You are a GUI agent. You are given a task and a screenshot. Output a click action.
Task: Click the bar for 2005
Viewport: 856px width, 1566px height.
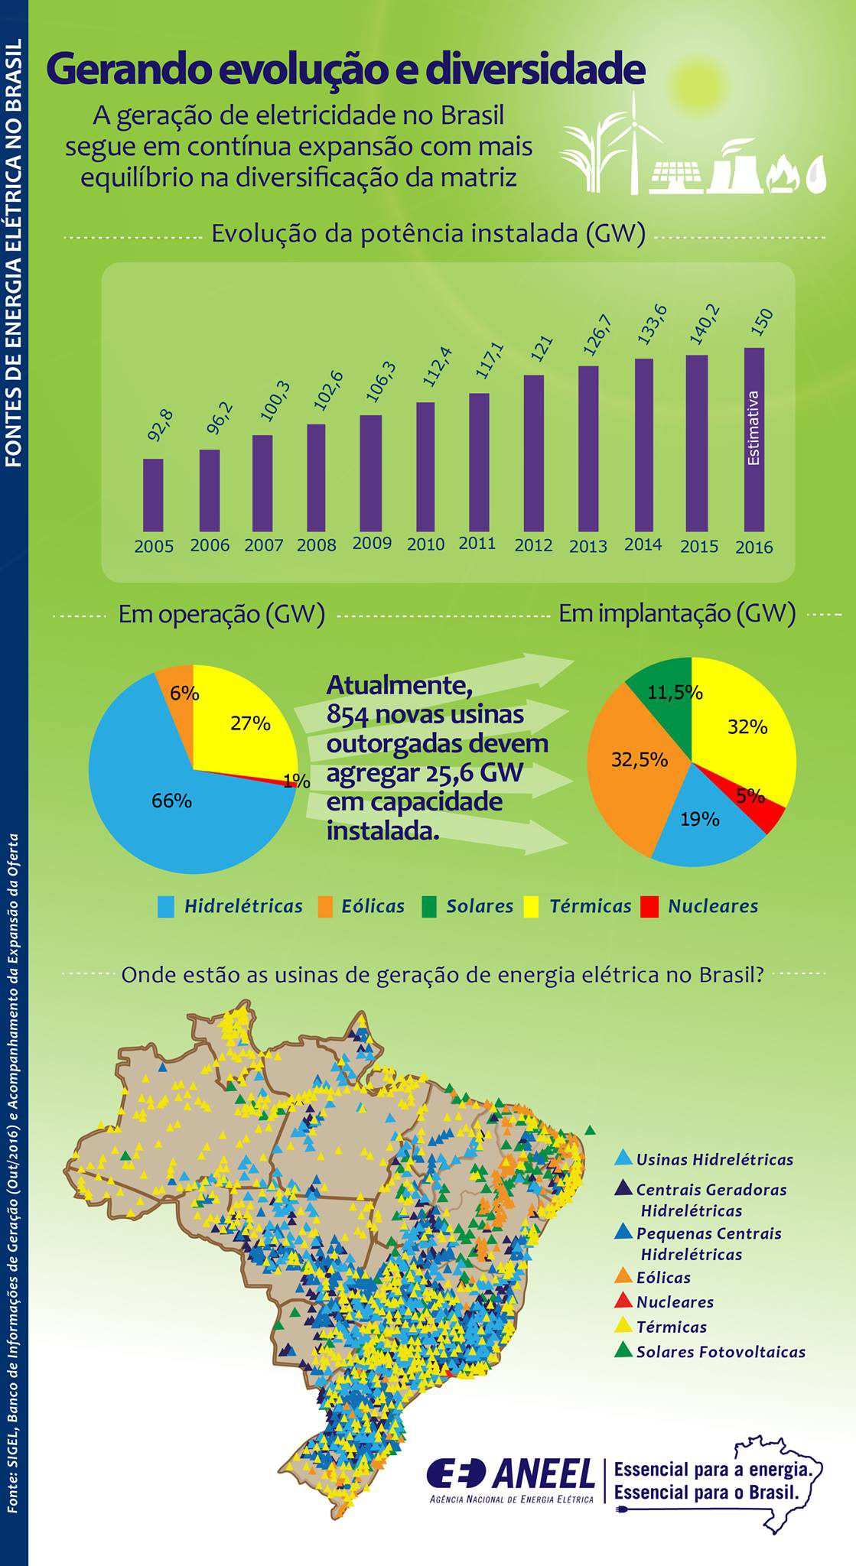(x=153, y=495)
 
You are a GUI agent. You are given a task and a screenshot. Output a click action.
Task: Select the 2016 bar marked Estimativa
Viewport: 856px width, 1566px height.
(x=754, y=440)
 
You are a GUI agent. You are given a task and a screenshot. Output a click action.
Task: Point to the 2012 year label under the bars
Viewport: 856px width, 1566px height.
(x=533, y=545)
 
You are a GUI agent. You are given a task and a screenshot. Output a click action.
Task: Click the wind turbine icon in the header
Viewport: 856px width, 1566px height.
(x=634, y=141)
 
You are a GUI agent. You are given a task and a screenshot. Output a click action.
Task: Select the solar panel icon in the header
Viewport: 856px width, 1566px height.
(x=678, y=177)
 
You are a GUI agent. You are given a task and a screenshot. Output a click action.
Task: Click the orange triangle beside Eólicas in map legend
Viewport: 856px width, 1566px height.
(x=623, y=1276)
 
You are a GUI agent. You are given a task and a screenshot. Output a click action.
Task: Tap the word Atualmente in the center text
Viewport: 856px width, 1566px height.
(x=399, y=686)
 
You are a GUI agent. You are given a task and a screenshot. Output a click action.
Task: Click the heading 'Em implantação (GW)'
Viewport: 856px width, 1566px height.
(x=677, y=613)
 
